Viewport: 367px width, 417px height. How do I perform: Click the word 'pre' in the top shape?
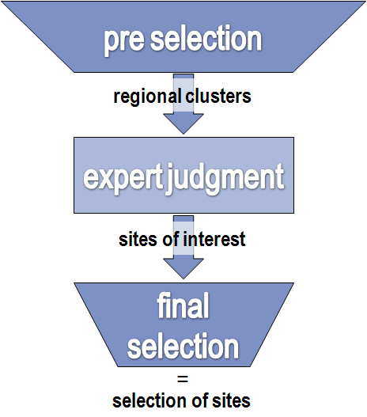tap(124, 40)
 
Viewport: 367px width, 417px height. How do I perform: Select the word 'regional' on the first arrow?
tap(147, 97)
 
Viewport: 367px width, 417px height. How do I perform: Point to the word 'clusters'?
tap(218, 96)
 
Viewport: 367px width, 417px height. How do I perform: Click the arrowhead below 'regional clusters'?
tap(183, 123)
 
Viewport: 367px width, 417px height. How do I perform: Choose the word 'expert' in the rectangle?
tap(123, 179)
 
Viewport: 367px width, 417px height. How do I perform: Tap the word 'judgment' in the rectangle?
tap(225, 179)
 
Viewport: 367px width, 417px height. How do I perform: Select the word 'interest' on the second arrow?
tap(214, 239)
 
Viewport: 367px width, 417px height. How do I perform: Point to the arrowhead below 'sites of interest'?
tap(183, 268)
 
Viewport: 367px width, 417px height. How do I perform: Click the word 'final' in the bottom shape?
tap(183, 305)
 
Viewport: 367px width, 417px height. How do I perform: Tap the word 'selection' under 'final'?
tap(183, 346)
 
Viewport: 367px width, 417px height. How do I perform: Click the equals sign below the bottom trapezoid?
tap(183, 379)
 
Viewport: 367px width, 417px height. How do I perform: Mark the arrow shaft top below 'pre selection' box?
tap(183, 76)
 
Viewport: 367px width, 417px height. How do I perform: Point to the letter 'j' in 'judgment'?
tap(170, 180)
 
